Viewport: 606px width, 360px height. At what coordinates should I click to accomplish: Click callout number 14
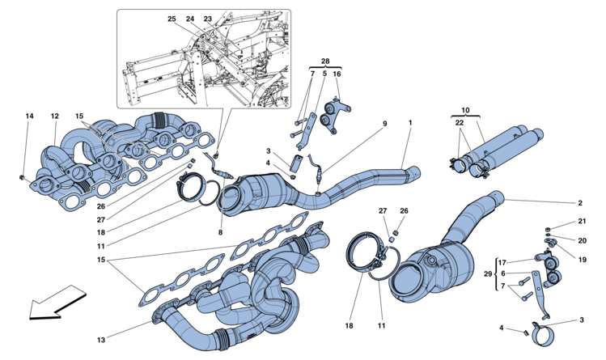pos(30,116)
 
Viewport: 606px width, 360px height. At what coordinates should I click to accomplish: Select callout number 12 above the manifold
pos(54,116)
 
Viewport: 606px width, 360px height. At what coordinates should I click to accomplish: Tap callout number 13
pos(101,340)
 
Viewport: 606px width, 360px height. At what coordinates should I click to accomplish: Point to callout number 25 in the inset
pos(172,19)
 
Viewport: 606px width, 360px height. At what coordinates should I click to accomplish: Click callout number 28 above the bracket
pos(325,61)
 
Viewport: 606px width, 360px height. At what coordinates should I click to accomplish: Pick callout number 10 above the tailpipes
pos(465,110)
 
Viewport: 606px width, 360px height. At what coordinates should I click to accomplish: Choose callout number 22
pos(459,122)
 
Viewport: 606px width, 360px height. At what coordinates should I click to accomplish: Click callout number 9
pos(385,124)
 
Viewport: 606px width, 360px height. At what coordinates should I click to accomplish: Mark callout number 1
pos(410,123)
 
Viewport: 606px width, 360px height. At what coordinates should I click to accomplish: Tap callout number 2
pos(580,203)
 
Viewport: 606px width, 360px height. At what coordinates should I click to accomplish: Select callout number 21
pos(582,222)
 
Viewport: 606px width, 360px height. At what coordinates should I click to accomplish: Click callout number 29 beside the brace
pos(488,274)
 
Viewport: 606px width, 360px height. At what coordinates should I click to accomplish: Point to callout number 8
pos(220,232)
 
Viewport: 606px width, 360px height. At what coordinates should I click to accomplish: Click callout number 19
pos(582,260)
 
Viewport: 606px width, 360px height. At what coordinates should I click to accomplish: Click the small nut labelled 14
pos(22,177)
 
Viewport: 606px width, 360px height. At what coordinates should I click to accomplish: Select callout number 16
pos(337,74)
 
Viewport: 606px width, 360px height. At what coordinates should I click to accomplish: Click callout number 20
pos(582,240)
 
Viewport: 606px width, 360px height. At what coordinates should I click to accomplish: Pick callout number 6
pos(502,273)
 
